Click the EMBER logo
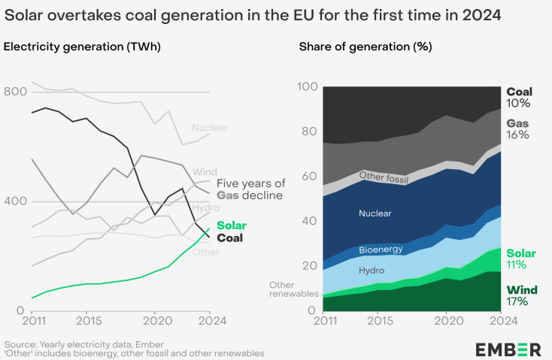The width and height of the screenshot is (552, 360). (508, 349)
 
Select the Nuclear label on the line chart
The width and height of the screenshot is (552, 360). (209, 128)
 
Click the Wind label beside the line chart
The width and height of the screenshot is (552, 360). (205, 171)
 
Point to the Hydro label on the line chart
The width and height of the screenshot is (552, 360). (205, 207)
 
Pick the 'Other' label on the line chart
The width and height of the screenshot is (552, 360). (205, 252)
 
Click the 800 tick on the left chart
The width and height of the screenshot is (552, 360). (17, 92)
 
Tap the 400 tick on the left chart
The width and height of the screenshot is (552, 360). (17, 201)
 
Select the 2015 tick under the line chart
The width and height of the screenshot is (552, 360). (86, 319)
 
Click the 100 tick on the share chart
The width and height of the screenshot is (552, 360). (308, 86)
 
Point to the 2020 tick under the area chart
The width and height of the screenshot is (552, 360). (447, 319)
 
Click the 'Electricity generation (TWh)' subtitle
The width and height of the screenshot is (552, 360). (83, 47)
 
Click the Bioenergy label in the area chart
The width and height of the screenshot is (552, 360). (381, 249)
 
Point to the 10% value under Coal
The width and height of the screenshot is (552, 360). (518, 103)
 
